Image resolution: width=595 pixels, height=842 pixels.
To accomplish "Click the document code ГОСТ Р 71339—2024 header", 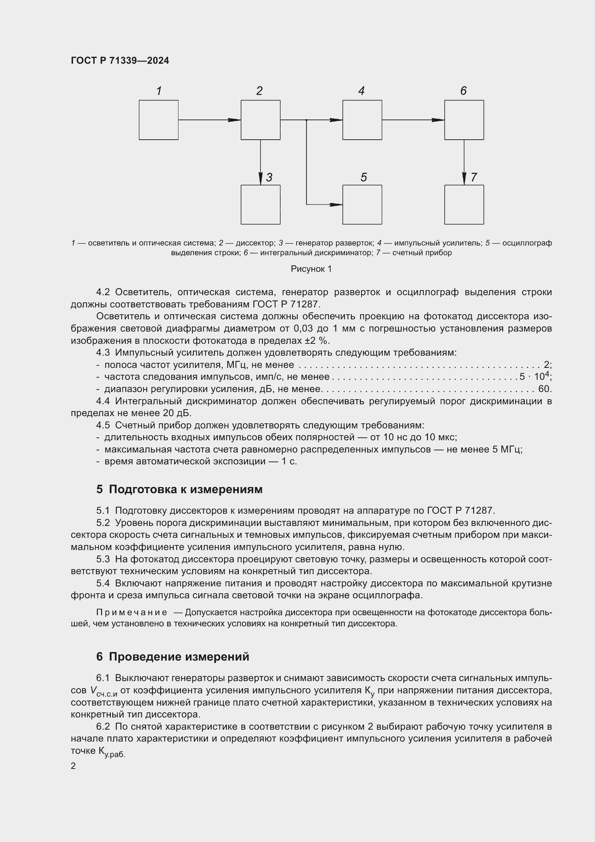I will click(120, 60).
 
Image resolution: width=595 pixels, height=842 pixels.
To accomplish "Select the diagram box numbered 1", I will click(159, 120).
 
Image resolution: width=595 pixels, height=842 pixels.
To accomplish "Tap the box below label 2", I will click(260, 120).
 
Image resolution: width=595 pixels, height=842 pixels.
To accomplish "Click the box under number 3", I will click(260, 204).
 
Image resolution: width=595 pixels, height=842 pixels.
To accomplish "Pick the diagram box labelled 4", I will click(362, 120).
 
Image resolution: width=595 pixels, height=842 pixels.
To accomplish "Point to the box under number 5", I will click(362, 204).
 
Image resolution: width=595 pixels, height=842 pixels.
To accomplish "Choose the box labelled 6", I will click(464, 120).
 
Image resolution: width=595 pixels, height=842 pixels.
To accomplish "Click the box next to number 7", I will click(464, 204).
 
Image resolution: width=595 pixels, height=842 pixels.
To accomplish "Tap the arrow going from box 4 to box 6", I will click(413, 120).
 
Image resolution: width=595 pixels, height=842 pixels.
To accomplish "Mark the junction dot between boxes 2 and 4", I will click(306, 120).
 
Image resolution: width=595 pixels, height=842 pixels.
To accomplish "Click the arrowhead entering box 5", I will click(336, 204).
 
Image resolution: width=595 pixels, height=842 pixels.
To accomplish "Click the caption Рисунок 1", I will click(311, 269).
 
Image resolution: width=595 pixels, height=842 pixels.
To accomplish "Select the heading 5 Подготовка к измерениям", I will click(179, 489).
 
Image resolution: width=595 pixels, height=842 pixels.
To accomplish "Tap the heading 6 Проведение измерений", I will click(173, 657).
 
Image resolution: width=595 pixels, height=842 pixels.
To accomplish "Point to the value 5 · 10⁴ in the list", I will click(535, 376).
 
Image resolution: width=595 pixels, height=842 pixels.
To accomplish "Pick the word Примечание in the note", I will click(132, 612).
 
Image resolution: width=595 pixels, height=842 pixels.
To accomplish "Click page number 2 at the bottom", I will click(73, 766).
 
